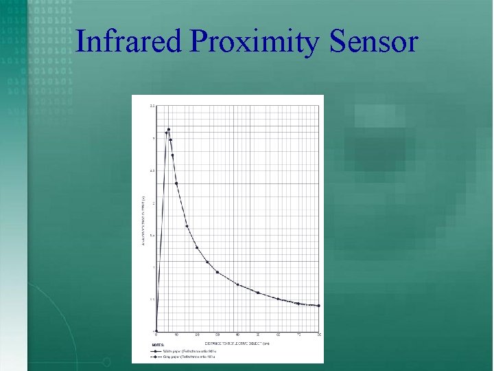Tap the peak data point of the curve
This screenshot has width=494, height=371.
click(169, 129)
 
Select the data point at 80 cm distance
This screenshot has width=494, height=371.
click(318, 306)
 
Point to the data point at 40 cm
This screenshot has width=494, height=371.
click(237, 284)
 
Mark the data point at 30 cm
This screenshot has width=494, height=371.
click(217, 272)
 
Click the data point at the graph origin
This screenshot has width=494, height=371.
click(156, 331)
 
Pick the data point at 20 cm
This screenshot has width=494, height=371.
click(197, 247)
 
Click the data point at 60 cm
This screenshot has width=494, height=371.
click(278, 299)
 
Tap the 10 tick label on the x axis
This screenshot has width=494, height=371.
click(177, 335)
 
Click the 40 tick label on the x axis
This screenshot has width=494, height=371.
click(237, 335)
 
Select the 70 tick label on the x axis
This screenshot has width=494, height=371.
click(298, 335)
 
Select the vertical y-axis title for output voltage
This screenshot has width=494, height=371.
click(142, 218)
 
